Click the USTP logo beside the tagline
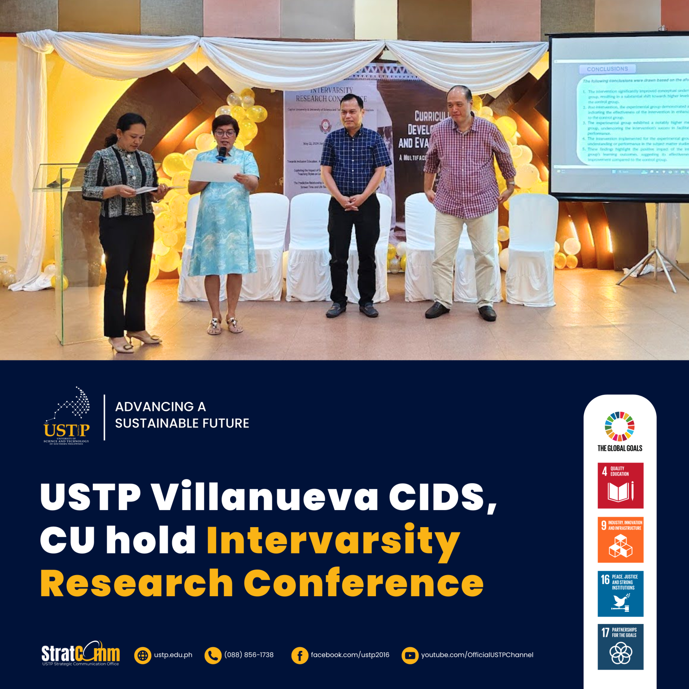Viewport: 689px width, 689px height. pos(67,416)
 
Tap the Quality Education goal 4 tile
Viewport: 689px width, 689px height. pos(620,485)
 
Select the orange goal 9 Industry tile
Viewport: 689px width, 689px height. pos(620,540)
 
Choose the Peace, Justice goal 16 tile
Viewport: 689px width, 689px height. pos(620,593)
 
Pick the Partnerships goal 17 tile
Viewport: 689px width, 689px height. pos(620,647)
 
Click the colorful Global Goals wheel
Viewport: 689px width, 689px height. pos(619,426)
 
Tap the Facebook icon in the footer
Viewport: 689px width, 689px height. pos(299,655)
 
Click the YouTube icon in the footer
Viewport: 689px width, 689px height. pos(410,655)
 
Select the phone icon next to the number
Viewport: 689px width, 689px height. pos(213,655)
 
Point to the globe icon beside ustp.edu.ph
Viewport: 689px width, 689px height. pos(143,655)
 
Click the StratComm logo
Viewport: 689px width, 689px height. pos(81,654)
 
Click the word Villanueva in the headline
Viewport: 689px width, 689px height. pos(265,497)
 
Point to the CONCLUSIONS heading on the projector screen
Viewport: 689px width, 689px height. pos(607,69)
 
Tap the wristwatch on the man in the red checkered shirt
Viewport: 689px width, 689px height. pos(510,183)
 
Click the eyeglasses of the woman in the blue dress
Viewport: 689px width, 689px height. pos(225,133)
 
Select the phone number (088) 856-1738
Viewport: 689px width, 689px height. pos(249,655)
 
